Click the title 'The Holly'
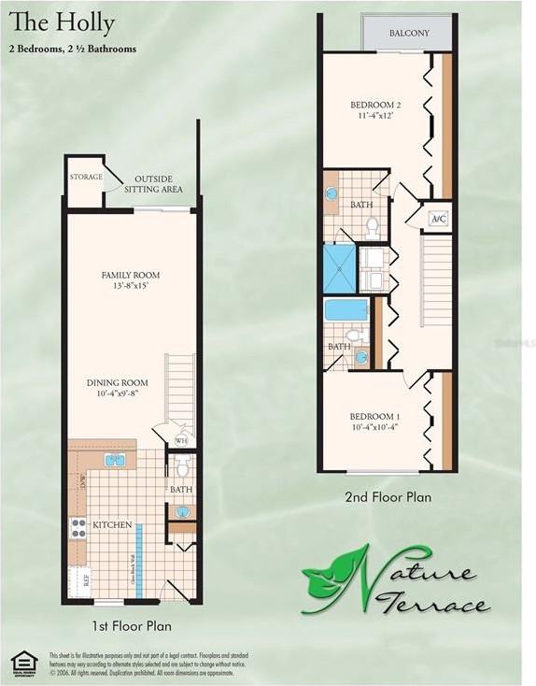click(x=63, y=22)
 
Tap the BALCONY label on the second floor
click(x=409, y=34)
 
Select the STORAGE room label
click(x=86, y=177)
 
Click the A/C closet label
click(x=438, y=219)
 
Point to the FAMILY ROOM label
click(x=131, y=280)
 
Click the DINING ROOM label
click(x=118, y=387)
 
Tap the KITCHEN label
click(x=112, y=525)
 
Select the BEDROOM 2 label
click(x=375, y=109)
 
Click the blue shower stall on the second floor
click(x=340, y=267)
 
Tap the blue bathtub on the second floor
click(x=346, y=309)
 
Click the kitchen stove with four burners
click(x=78, y=527)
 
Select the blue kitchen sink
click(x=116, y=460)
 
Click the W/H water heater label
click(x=182, y=439)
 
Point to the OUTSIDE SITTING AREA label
click(x=159, y=184)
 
